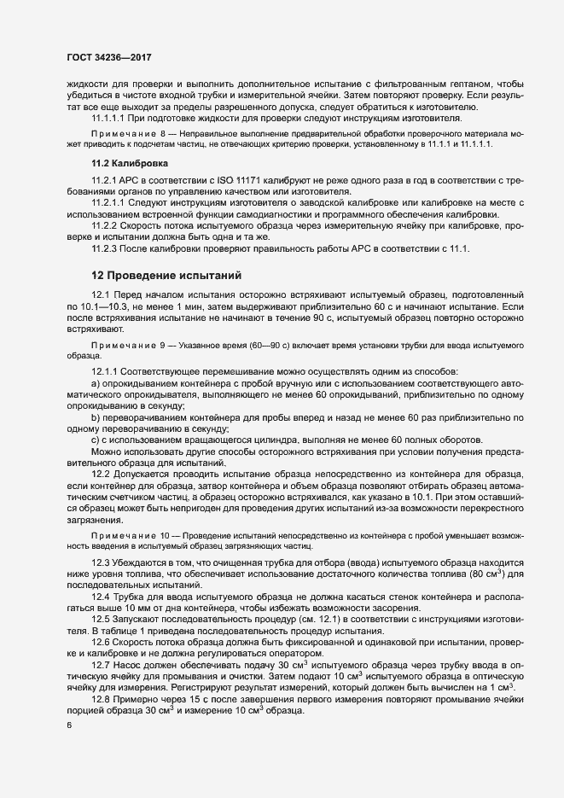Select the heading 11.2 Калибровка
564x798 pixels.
[129, 162]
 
